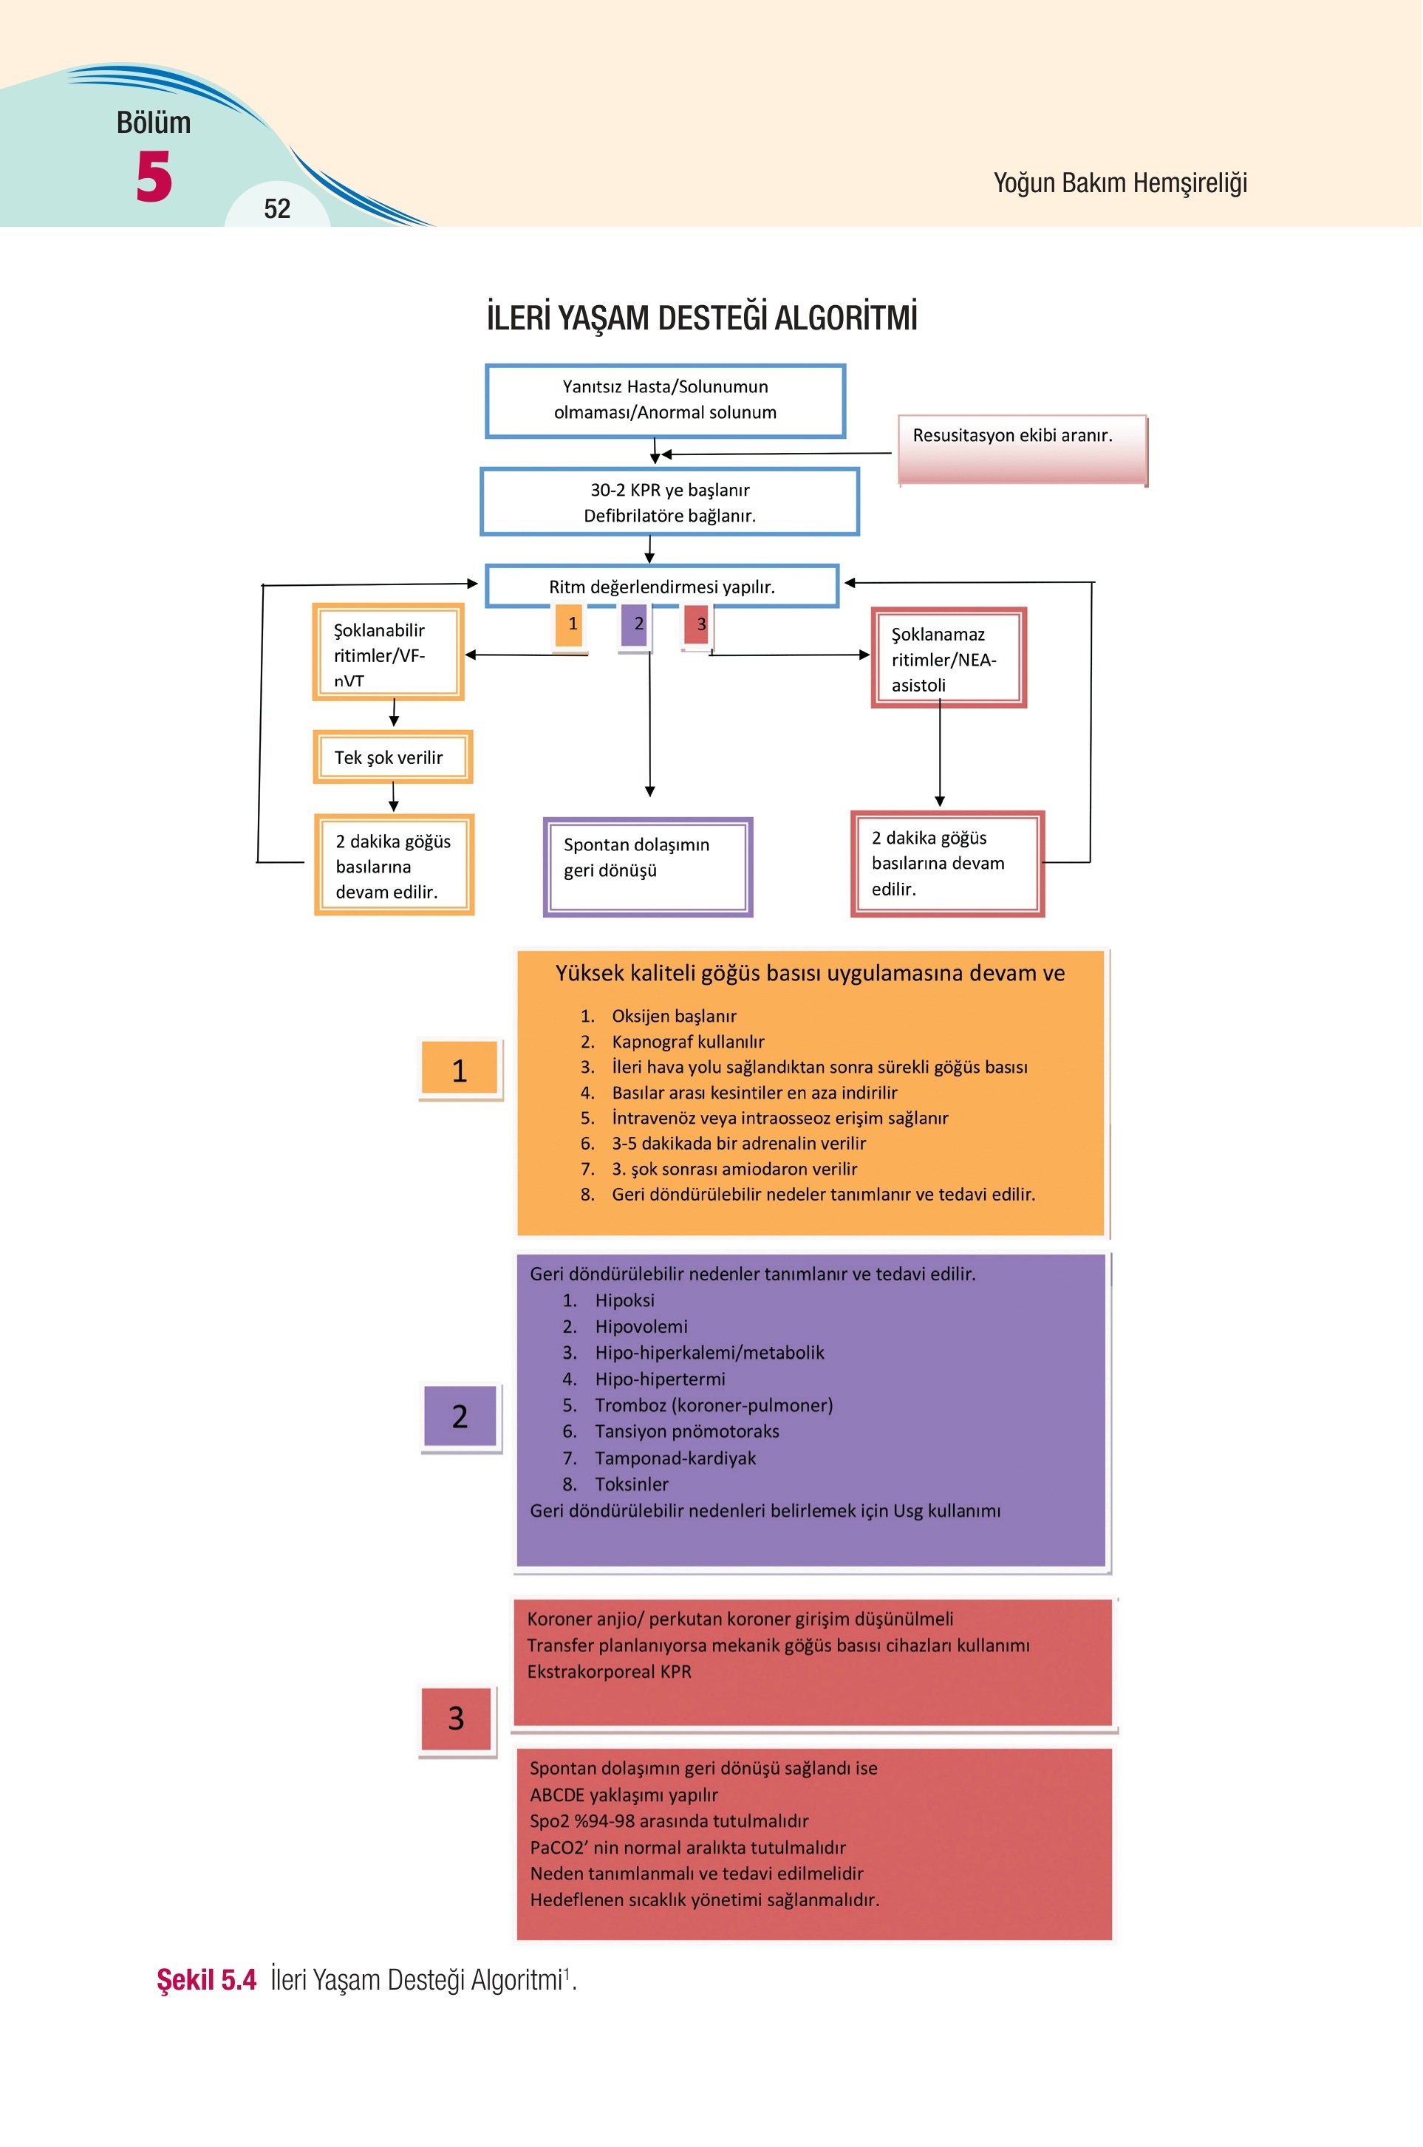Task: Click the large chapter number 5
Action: (x=154, y=176)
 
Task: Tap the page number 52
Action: (x=277, y=208)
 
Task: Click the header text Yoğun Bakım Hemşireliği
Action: (x=1120, y=183)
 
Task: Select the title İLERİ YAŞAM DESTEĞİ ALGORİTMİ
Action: (x=701, y=318)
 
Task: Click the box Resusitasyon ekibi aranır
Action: (x=1023, y=450)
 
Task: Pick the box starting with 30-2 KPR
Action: (x=669, y=502)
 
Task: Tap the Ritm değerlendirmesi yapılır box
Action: (x=661, y=586)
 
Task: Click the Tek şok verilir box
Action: (x=393, y=757)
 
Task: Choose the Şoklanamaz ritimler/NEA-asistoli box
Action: (x=949, y=658)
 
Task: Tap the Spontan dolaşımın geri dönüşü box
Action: (x=648, y=867)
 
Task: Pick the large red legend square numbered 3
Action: (x=457, y=1718)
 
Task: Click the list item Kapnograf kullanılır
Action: (x=688, y=1042)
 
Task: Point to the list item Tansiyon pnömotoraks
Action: (x=687, y=1431)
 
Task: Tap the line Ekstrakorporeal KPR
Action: (x=609, y=1671)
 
